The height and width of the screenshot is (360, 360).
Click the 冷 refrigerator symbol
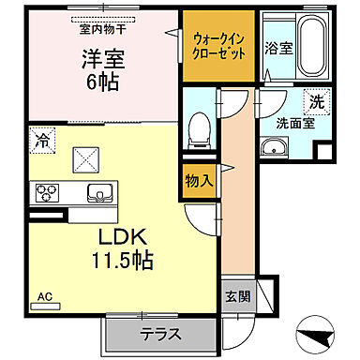(42, 142)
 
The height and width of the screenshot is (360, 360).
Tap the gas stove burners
(46, 193)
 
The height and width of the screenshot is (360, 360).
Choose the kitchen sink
(97, 192)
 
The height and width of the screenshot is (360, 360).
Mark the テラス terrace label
(161, 335)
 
